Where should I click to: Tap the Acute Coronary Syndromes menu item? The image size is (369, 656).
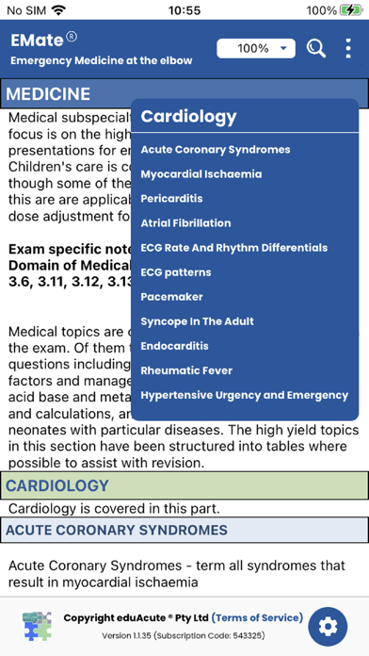[x=216, y=150]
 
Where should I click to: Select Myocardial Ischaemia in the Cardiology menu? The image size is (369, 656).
[x=201, y=174]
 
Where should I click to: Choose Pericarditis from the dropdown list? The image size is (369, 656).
[x=171, y=199]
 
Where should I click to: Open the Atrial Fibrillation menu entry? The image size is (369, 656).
[x=185, y=223]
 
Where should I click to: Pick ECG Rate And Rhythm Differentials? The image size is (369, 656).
[x=234, y=248]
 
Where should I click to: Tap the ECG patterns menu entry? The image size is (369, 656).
[x=176, y=272]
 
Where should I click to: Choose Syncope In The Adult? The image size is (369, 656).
[x=198, y=321]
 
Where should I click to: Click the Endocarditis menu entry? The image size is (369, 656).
[x=174, y=346]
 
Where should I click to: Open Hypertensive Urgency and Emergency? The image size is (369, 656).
[x=245, y=395]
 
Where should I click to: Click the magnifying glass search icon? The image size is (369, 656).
[x=316, y=47]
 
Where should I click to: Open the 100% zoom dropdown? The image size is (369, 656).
[x=256, y=48]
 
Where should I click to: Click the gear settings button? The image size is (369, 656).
[x=328, y=626]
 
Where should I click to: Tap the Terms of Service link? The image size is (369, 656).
[x=258, y=618]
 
